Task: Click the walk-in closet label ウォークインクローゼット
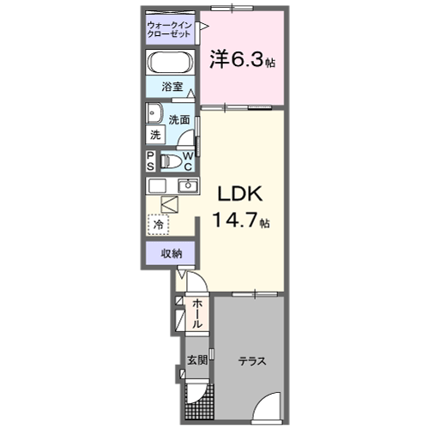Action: coord(169,31)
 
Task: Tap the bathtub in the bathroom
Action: coord(172,63)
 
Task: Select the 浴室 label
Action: coord(172,87)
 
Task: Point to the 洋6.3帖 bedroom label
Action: coord(241,60)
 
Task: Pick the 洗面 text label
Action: coord(178,120)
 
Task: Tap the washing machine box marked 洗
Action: coord(155,135)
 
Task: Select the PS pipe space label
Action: coord(149,160)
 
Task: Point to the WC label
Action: coord(189,160)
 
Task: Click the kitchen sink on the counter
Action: coord(188,185)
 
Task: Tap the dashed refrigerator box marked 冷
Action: coord(158,224)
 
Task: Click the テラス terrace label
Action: coord(251,361)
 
